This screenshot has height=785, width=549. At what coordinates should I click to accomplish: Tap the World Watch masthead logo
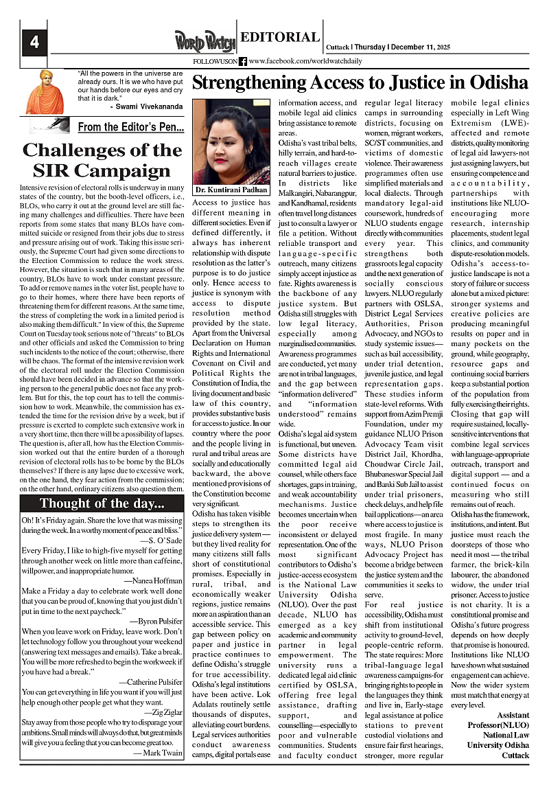(204, 41)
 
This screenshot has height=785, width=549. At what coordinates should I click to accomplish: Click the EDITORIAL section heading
(281, 38)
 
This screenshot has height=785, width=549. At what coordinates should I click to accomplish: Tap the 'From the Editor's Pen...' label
(130, 126)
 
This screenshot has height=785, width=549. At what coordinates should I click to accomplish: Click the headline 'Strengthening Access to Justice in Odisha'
(360, 84)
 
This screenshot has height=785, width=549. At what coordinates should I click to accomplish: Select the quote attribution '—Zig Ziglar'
(164, 713)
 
